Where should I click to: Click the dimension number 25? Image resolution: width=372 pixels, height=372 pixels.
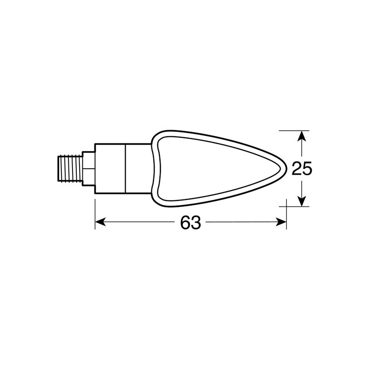(301, 169)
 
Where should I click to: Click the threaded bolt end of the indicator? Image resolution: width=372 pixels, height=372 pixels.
(70, 168)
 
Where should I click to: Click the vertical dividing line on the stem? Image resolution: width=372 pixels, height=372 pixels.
(126, 168)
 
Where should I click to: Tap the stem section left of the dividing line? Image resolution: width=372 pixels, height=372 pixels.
(111, 168)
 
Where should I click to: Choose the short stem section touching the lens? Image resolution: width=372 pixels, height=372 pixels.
(139, 168)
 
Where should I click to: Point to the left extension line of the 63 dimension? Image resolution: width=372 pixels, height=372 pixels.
(95, 214)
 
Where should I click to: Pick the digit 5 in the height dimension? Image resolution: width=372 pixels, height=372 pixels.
(306, 169)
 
